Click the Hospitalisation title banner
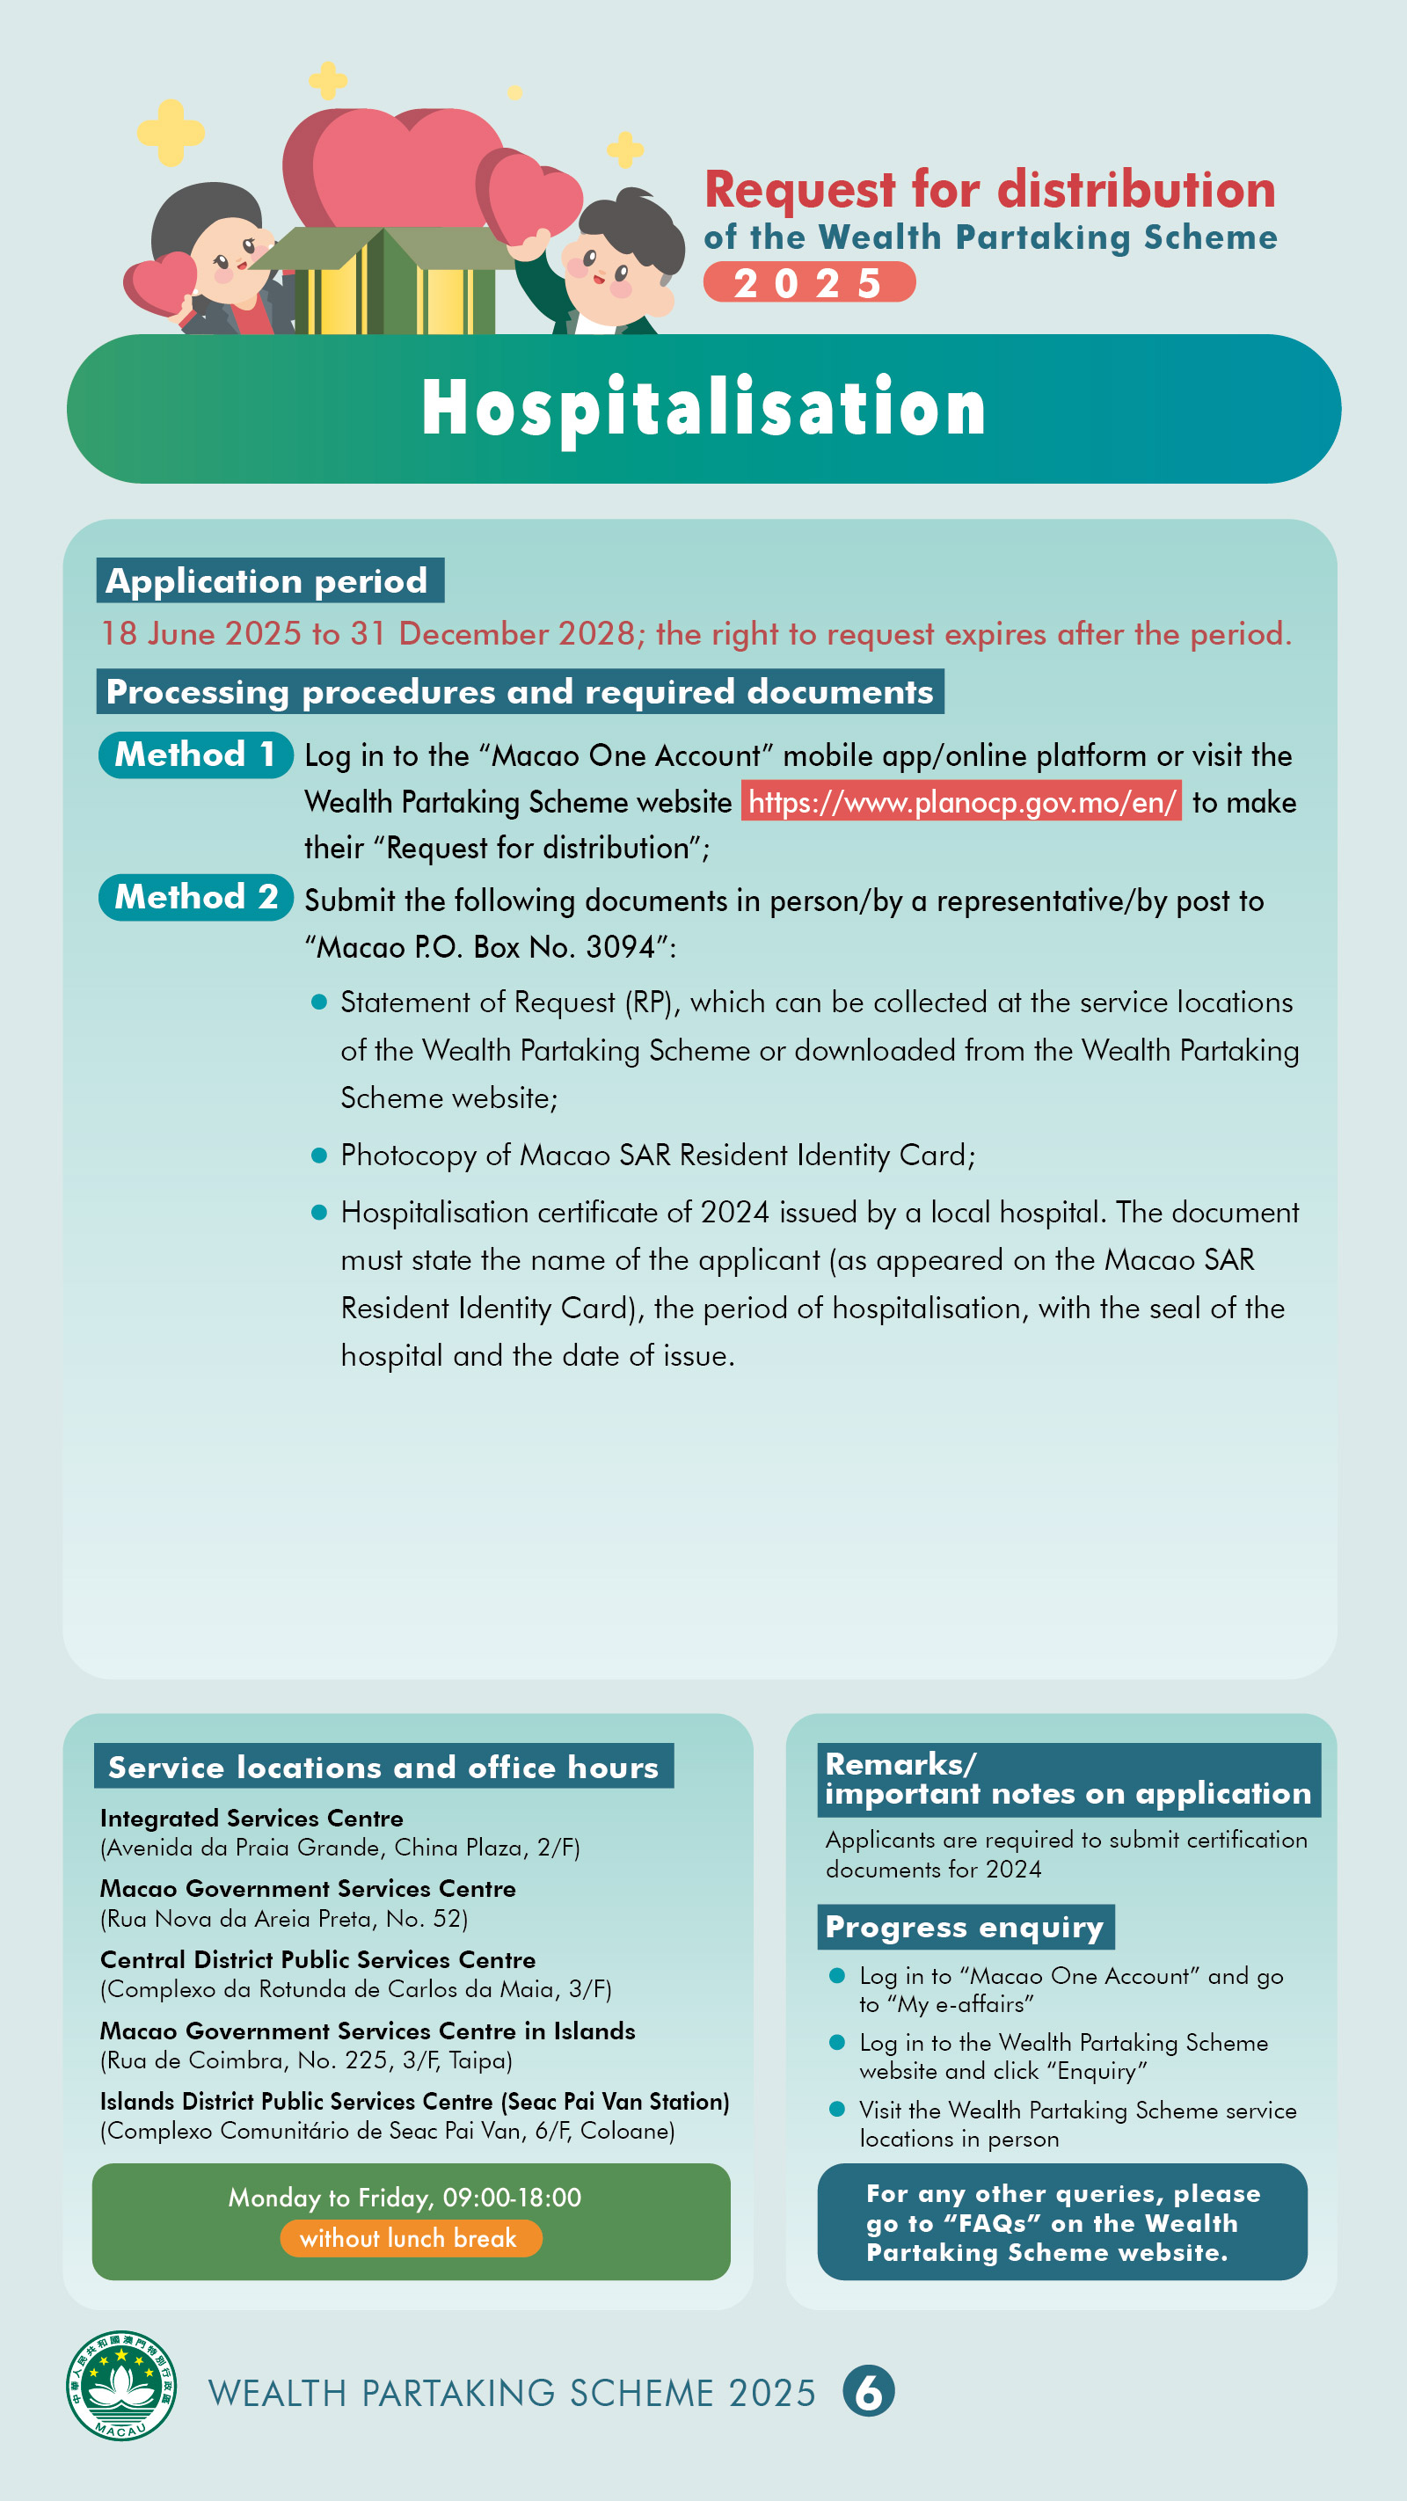[703, 409]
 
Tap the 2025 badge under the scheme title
[809, 282]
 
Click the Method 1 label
[195, 755]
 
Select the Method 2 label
[195, 897]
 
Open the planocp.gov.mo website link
[961, 802]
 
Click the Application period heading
[269, 580]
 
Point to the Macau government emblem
[121, 2386]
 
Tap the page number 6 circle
[868, 2391]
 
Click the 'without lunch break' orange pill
[410, 2238]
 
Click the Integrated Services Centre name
[252, 1819]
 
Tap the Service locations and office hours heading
[383, 1767]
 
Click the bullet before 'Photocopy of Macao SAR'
[318, 1156]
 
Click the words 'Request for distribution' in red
[988, 189]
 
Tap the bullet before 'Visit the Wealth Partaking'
[837, 2109]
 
